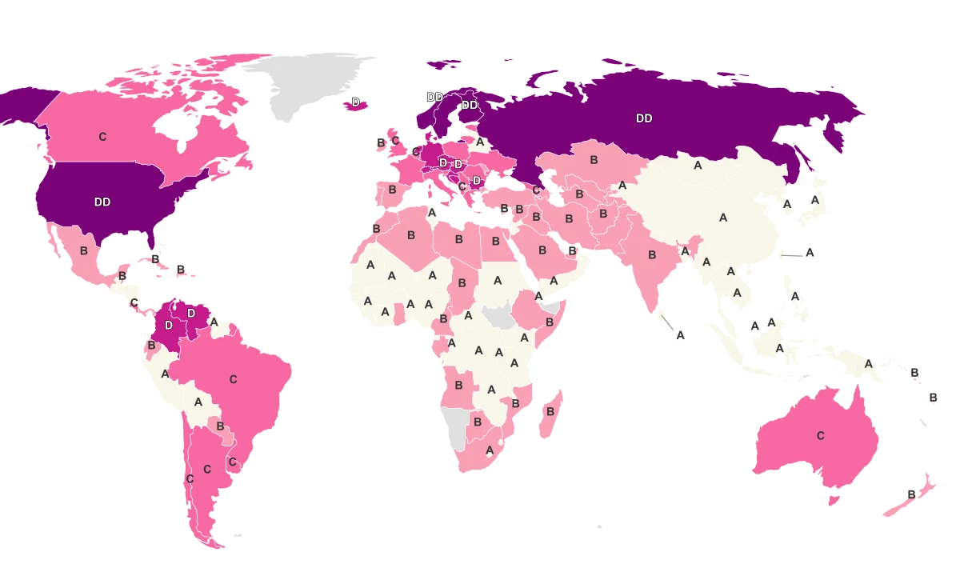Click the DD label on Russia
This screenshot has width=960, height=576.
tap(644, 118)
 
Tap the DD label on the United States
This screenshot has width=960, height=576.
tap(102, 202)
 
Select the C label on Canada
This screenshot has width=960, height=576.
tap(102, 137)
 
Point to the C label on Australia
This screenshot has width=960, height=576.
tap(820, 436)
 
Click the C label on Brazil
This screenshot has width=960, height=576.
tap(234, 379)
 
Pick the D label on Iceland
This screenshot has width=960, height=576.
tap(356, 103)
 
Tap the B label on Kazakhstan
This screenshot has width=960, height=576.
tap(594, 160)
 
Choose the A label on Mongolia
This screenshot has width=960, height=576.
tap(698, 166)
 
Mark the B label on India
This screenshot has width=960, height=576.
tap(652, 255)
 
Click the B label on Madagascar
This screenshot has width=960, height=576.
tap(550, 411)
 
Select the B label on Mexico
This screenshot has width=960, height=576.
tap(83, 250)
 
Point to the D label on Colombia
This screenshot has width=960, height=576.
tap(169, 326)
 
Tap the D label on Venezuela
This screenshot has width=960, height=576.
tap(191, 314)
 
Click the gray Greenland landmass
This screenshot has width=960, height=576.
tap(312, 84)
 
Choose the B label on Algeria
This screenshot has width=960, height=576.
tap(411, 236)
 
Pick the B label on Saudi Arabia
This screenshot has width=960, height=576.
tap(542, 250)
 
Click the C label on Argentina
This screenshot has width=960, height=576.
tap(207, 470)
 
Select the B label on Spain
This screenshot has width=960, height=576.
tap(392, 190)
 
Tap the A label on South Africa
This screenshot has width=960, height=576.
tap(490, 450)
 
